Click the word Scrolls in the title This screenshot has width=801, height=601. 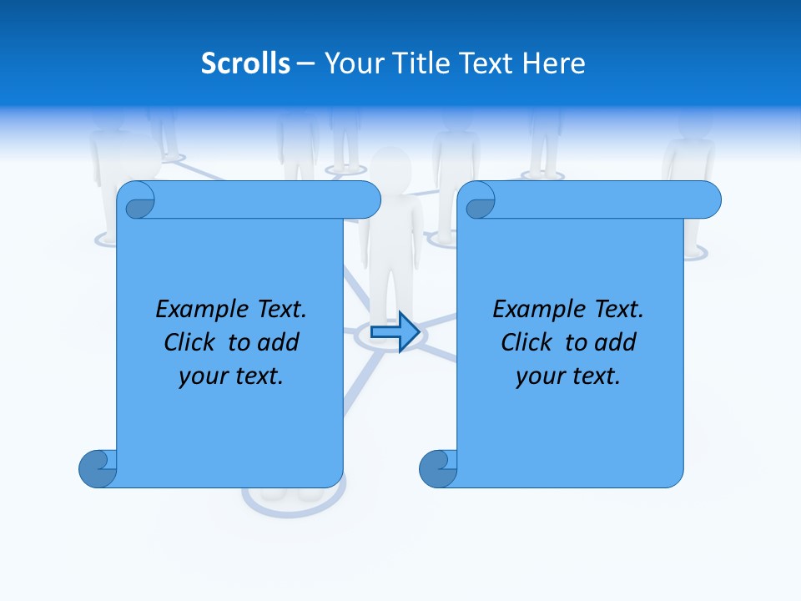tap(245, 63)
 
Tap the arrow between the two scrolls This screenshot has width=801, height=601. tap(395, 331)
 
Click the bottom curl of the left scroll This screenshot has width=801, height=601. tap(98, 468)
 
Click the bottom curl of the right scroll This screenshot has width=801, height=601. tap(438, 468)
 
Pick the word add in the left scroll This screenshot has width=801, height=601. tap(279, 342)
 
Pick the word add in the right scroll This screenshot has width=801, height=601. tap(616, 342)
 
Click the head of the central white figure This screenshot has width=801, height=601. tap(391, 166)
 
